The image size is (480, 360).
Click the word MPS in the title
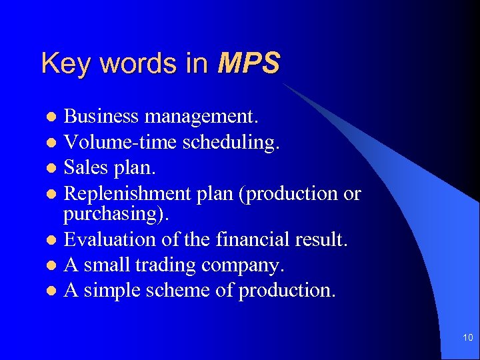click(249, 64)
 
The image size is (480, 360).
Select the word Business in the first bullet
click(101, 117)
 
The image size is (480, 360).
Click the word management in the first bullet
click(201, 117)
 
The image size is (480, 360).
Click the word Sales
click(87, 168)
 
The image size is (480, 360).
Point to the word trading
click(166, 265)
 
